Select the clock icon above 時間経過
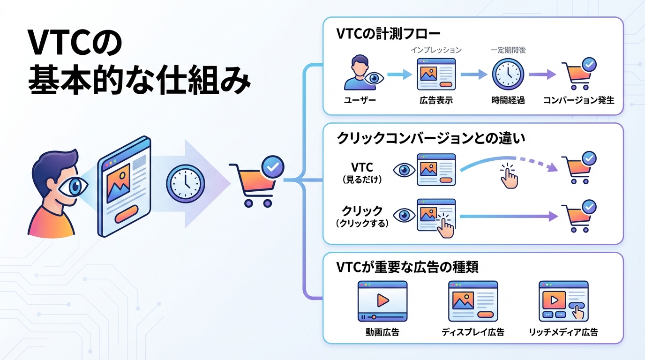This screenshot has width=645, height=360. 508,74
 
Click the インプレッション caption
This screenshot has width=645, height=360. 436,50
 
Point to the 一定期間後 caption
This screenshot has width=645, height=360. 508,50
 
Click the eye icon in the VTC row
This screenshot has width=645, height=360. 403,170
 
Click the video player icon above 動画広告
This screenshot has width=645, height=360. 382,301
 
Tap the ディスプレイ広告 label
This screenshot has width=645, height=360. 472,332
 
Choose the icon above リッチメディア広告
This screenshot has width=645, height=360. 563,301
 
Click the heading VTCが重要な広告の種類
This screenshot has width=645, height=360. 407,268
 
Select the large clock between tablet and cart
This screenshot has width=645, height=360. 185,182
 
